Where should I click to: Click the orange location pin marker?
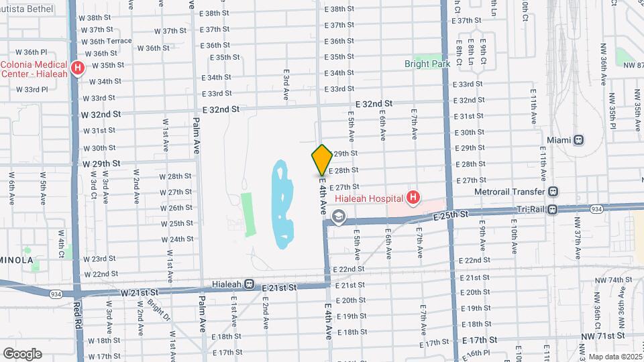point(322,160)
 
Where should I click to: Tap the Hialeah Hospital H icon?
point(413,198)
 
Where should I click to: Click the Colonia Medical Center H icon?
point(78,68)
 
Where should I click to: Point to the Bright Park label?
point(426,64)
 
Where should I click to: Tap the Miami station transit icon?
point(578,139)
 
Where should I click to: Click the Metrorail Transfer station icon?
point(552,190)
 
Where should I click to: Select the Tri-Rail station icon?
point(552,209)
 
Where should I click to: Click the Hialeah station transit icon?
point(249,284)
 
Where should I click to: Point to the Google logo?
point(22,353)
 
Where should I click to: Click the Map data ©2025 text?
point(615,357)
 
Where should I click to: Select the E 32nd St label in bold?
point(221,109)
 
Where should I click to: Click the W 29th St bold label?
point(101,164)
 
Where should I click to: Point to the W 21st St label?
point(140,292)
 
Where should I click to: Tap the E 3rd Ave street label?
point(286,85)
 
